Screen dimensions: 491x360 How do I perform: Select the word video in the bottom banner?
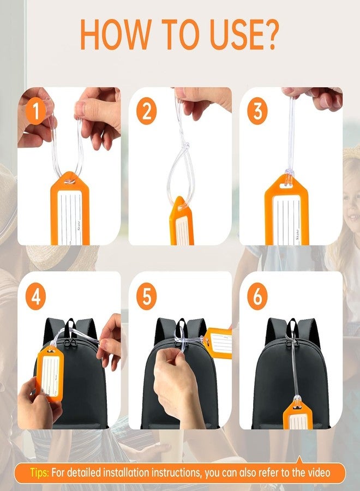tap(317, 472)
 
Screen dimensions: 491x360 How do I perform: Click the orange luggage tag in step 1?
tap(70, 210)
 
